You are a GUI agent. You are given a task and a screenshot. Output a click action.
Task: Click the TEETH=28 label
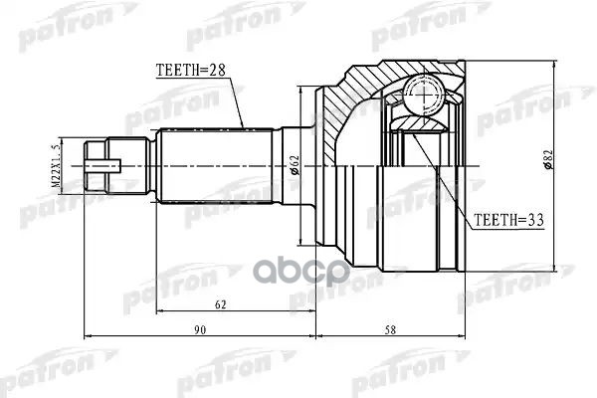click(191, 71)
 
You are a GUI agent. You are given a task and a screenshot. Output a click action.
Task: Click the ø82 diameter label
click(549, 163)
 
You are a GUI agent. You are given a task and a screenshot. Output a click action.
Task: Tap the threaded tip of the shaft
click(100, 163)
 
